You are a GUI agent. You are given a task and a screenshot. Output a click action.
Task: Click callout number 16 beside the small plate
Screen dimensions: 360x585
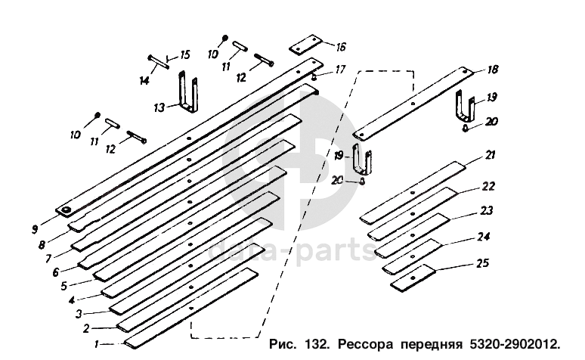341,46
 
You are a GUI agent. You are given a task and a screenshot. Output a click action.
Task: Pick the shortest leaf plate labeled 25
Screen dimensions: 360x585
413,278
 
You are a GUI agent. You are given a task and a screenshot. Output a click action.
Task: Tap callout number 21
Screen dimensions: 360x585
490,155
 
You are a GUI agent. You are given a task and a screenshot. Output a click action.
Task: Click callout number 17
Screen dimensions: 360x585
341,70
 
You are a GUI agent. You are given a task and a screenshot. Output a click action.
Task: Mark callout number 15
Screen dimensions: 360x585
185,55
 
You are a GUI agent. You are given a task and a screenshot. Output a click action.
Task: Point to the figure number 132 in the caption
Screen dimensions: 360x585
318,344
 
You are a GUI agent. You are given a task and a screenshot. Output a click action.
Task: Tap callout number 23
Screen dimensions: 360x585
487,211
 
